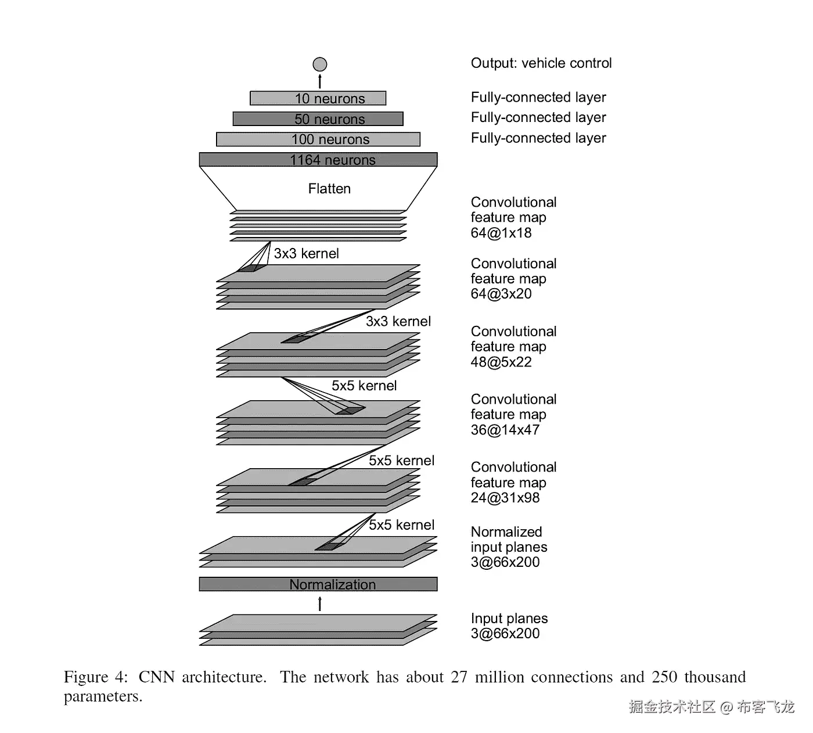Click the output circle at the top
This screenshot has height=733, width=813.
coord(319,64)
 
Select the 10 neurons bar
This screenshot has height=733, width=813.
coord(318,98)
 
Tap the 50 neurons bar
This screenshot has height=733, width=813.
coord(318,119)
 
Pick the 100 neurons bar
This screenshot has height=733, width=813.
coord(318,139)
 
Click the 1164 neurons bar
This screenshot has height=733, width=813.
coord(318,160)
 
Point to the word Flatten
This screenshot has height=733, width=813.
coord(329,189)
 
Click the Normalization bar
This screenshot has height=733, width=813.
coord(318,584)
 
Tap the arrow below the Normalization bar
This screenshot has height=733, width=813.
coord(320,604)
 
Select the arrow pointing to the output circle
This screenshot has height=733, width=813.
coord(320,81)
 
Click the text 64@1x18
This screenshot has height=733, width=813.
coord(501,233)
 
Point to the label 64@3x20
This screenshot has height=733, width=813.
coord(501,294)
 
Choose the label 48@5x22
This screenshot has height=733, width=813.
coord(501,362)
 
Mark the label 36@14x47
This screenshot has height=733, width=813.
coord(505,430)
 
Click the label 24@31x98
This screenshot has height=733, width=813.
coord(505,498)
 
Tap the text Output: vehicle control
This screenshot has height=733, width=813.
coord(541,63)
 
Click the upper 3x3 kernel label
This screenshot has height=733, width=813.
coord(306,254)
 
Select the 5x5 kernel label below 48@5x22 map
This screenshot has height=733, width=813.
coord(364,386)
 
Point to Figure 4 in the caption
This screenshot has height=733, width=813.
coord(95,677)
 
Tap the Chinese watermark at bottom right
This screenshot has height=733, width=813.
coord(711,707)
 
